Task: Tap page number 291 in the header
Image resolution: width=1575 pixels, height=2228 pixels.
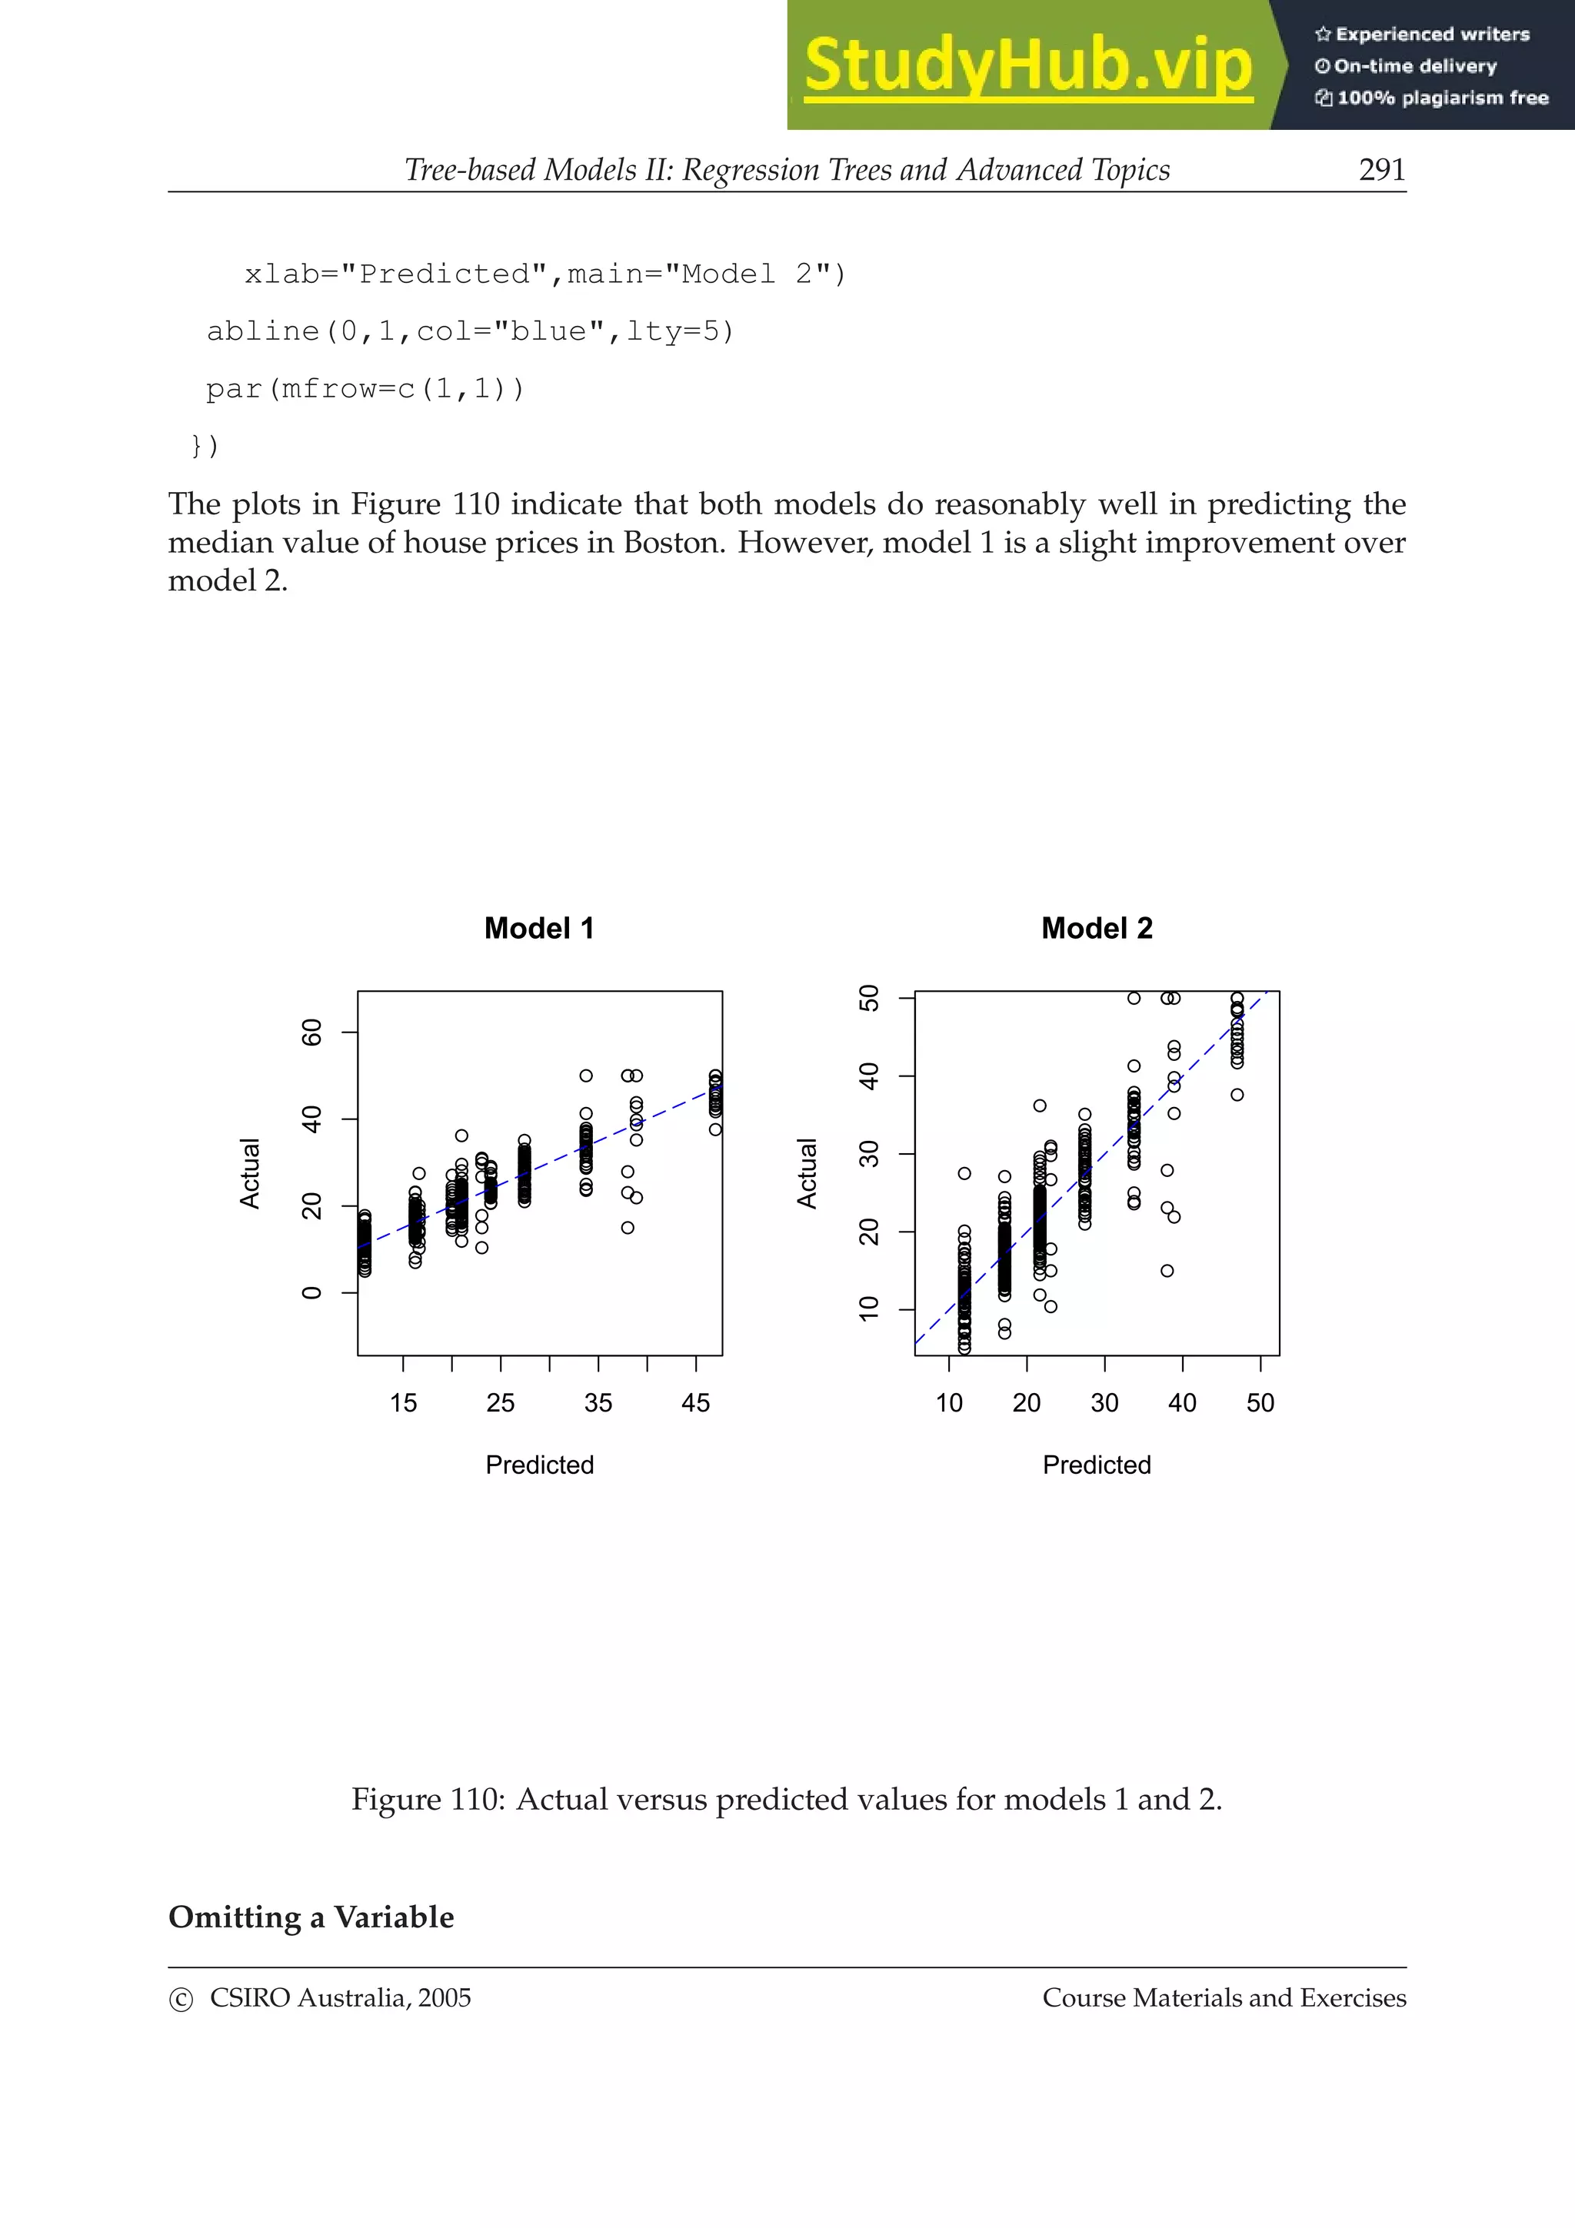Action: pyautogui.click(x=1381, y=170)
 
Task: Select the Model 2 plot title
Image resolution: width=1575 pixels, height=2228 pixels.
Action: pyautogui.click(x=1097, y=929)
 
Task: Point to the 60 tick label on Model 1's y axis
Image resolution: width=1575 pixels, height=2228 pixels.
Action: pyautogui.click(x=312, y=1033)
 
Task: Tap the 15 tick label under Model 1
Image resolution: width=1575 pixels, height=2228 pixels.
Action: pyautogui.click(x=403, y=1403)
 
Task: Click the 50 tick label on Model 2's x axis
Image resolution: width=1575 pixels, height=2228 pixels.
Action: pyautogui.click(x=1260, y=1403)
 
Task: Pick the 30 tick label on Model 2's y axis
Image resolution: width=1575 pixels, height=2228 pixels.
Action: pyautogui.click(x=870, y=1154)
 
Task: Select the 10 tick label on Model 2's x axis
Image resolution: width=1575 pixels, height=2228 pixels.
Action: pyautogui.click(x=948, y=1403)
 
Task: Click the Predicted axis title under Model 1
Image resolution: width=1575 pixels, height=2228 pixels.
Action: pyautogui.click(x=540, y=1465)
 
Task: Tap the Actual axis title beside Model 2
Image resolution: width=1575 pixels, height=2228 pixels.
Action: pyautogui.click(x=807, y=1173)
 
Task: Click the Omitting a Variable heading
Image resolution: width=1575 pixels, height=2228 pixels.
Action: pyautogui.click(x=311, y=1917)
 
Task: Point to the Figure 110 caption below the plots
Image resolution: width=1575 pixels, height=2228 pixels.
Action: pyautogui.click(x=786, y=1800)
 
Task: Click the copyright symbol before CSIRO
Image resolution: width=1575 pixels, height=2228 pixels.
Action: pyautogui.click(x=181, y=2000)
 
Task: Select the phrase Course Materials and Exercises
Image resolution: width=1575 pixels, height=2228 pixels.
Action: pyautogui.click(x=1224, y=1998)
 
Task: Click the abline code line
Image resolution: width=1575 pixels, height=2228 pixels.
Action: pyautogui.click(x=470, y=332)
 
